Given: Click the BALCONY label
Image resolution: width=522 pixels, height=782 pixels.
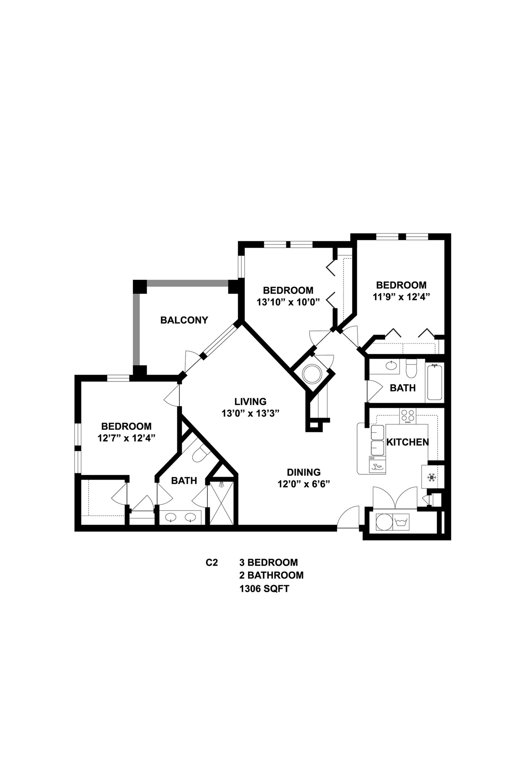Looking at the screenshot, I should (x=184, y=320).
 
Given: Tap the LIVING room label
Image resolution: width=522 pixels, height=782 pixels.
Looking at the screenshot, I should (x=250, y=401).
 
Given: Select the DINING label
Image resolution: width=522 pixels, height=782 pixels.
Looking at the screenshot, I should (x=303, y=472).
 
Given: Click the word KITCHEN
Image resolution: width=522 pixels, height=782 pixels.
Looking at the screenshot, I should (x=407, y=442).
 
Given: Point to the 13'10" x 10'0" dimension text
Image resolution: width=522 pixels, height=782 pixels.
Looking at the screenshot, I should (x=288, y=302).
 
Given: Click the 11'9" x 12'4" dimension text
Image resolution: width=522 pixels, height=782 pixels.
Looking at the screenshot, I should (x=401, y=297).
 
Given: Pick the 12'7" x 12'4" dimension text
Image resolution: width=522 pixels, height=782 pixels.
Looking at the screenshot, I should (x=126, y=438).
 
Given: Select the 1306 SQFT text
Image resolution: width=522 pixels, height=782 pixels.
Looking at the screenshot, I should (x=264, y=588).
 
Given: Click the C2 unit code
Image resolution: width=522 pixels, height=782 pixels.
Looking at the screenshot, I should (x=212, y=562).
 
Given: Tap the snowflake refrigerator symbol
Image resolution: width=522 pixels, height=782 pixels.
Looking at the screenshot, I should (x=432, y=477).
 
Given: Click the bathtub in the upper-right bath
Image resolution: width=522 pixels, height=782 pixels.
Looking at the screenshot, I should (x=434, y=382).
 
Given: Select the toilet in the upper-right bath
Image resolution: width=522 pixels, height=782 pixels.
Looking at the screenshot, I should (x=411, y=368).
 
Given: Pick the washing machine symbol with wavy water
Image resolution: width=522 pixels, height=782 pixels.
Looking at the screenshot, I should (x=401, y=522).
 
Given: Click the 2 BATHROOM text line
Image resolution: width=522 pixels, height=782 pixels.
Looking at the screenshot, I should (x=271, y=575).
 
